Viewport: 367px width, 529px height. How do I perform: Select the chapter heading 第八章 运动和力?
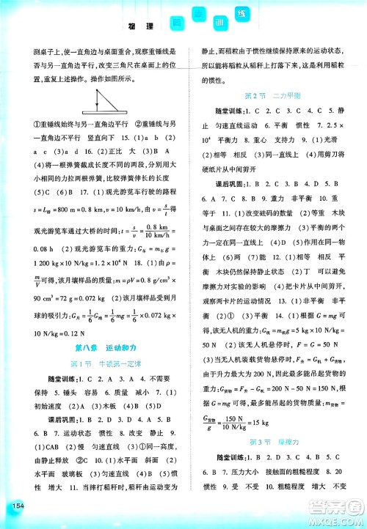[94, 346]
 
